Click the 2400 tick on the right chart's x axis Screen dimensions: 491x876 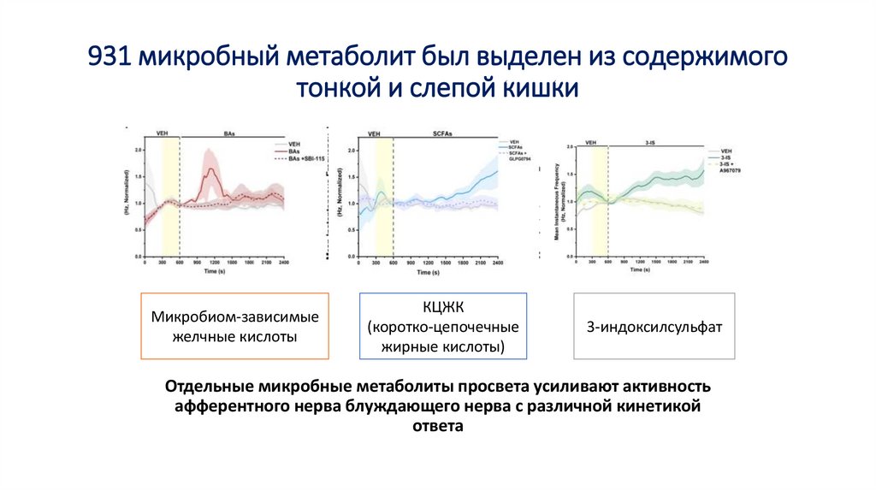[x=703, y=261]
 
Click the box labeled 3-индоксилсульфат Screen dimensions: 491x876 [x=654, y=327]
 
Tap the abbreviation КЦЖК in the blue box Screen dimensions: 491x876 [x=442, y=308]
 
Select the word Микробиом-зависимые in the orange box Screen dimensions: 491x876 [x=234, y=317]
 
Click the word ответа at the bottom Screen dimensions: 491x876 [x=437, y=425]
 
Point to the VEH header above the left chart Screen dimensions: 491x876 [x=162, y=133]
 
